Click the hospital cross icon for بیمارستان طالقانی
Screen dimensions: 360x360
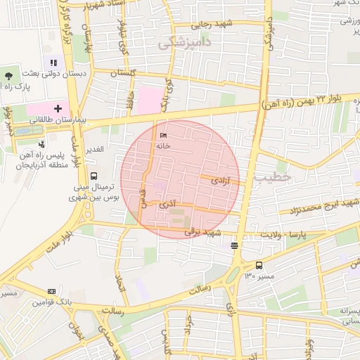tap(58, 109)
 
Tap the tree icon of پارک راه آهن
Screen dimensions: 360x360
tap(8, 74)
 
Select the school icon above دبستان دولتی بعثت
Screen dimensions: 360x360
tap(54, 63)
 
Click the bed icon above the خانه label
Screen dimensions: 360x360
tap(164, 136)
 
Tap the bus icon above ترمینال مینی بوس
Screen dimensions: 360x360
tap(94, 176)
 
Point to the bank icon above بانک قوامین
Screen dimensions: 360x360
tap(51, 291)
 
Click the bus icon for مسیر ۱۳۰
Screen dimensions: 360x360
tap(259, 265)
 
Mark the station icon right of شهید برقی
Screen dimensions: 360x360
tap(234, 245)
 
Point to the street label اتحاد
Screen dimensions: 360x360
tap(119, 275)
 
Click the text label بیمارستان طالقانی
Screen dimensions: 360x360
tap(58, 121)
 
